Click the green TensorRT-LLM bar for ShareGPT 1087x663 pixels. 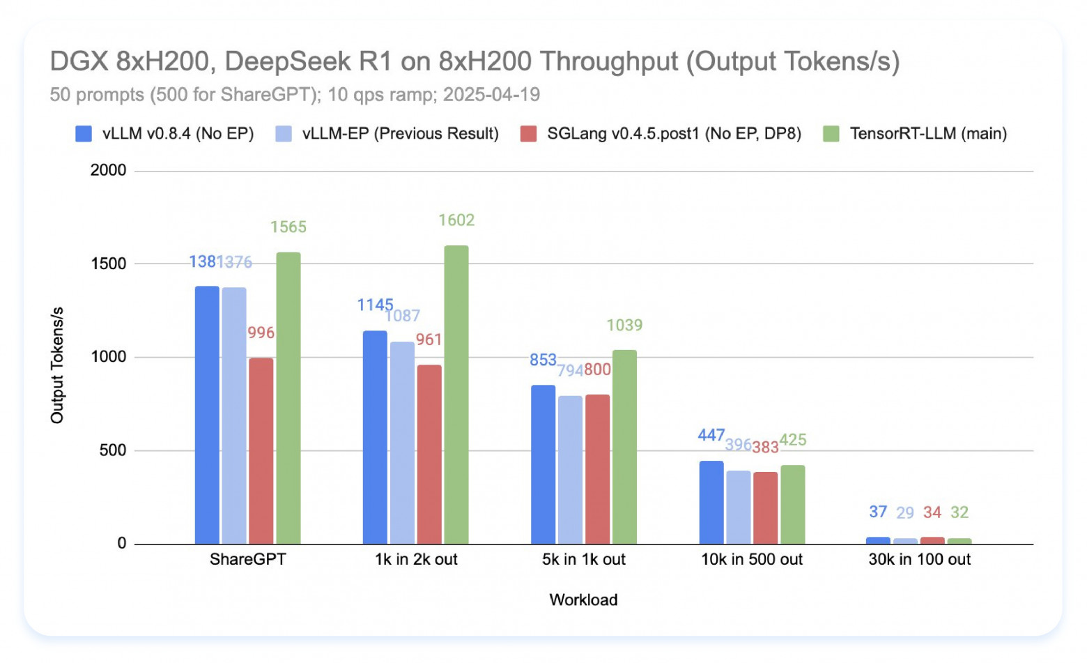point(288,398)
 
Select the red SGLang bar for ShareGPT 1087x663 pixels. point(261,450)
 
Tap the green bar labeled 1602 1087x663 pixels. point(456,395)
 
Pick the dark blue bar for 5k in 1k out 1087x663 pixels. point(543,464)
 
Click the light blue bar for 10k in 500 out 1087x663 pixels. point(738,507)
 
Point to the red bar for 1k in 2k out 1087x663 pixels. point(429,454)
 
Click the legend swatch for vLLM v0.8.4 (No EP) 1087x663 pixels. point(84,134)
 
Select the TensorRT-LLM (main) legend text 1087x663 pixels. point(928,134)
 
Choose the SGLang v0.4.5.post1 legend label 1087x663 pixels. point(674,134)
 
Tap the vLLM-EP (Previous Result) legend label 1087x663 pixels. point(400,134)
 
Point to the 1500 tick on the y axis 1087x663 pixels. point(108,264)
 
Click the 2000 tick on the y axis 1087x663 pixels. point(108,170)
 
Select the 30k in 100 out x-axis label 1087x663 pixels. point(919,559)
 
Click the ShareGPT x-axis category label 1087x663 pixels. point(247,559)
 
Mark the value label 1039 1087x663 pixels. point(624,325)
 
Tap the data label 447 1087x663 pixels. point(711,435)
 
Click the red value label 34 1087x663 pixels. point(932,512)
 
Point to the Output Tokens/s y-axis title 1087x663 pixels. point(57,365)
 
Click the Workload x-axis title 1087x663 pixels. point(583,600)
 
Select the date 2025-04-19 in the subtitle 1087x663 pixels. point(491,95)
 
